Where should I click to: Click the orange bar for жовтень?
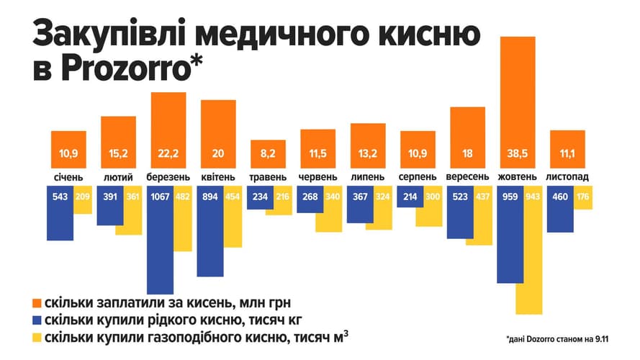pyautogui.click(x=517, y=101)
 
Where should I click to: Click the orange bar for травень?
pyautogui.click(x=268, y=153)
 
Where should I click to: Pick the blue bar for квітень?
pyautogui.click(x=209, y=230)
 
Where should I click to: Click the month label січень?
pyautogui.click(x=68, y=177)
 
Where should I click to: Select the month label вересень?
pyautogui.click(x=467, y=177)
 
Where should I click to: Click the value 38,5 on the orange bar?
pyautogui.click(x=517, y=153)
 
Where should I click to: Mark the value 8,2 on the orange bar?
pyautogui.click(x=268, y=153)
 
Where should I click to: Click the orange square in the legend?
pyautogui.click(x=35, y=301)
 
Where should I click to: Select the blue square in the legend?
pyautogui.click(x=35, y=320)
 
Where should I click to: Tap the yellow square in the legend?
pyautogui.click(x=35, y=338)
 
